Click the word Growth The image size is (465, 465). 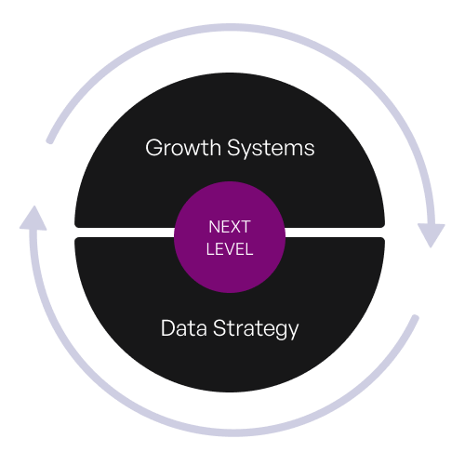pyautogui.click(x=183, y=147)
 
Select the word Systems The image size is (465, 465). pyautogui.click(x=271, y=147)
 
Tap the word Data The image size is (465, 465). pyautogui.click(x=184, y=328)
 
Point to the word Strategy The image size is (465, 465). pyautogui.click(x=256, y=329)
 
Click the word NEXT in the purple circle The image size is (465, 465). pyautogui.click(x=230, y=227)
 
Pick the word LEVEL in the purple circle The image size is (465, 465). pyautogui.click(x=230, y=249)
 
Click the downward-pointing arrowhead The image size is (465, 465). pyautogui.click(x=432, y=235)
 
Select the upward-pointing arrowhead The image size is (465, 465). pyautogui.click(x=33, y=218)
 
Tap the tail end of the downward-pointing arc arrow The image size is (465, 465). pyautogui.click(x=49, y=141)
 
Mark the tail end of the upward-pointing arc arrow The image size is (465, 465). pyautogui.click(x=416, y=317)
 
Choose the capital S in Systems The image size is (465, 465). pyautogui.click(x=234, y=148)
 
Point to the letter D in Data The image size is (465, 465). pyautogui.click(x=167, y=328)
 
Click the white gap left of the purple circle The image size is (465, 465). pyautogui.click(x=125, y=232)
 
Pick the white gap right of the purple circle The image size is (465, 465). pyautogui.click(x=335, y=232)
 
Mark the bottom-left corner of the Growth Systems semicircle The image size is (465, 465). pyautogui.click(x=75, y=227)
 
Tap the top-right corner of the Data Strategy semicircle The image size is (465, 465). pyautogui.click(x=384, y=238)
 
